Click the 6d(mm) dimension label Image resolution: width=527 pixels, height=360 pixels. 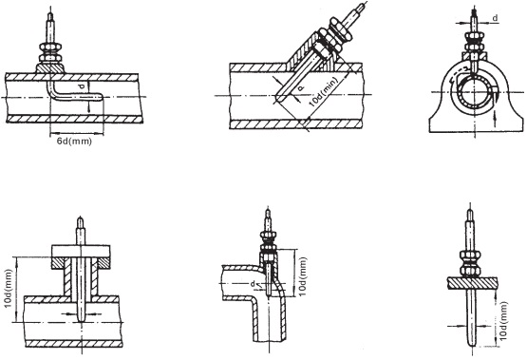74,142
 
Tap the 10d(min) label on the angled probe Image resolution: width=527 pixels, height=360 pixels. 323,92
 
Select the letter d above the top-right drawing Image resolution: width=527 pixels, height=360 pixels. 495,18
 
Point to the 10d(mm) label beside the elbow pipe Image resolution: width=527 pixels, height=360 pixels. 303,276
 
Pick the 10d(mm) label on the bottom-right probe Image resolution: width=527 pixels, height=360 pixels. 503,321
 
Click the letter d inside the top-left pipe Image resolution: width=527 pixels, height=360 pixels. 82,87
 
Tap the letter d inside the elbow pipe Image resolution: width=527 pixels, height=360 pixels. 253,284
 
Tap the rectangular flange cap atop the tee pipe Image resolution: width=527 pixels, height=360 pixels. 81,251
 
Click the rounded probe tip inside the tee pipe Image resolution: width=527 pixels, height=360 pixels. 82,316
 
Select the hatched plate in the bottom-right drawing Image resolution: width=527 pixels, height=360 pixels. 472,283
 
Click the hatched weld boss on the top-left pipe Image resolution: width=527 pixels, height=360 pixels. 49,68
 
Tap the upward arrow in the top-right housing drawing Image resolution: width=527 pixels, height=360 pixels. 495,120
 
